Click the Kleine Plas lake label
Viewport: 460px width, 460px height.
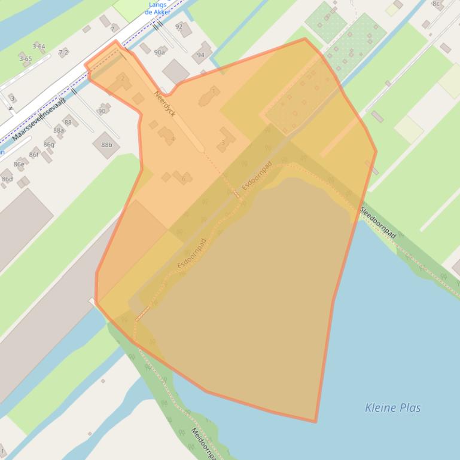coord(392,408)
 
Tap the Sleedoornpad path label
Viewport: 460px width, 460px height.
coord(378,223)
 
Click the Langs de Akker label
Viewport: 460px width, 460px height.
coord(159,8)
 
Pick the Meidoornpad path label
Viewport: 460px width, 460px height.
coord(203,442)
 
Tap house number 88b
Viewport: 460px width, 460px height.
coord(106,145)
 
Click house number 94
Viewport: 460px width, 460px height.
coord(200,55)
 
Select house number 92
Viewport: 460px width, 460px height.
coord(179,27)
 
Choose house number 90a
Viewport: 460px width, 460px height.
coord(159,53)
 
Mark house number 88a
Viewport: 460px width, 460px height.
coord(58,130)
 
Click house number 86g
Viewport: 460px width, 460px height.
coord(48,145)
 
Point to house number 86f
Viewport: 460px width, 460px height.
coord(33,155)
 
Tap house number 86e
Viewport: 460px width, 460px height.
coord(19,164)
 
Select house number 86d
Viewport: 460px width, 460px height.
coord(7,179)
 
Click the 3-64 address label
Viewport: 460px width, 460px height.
coord(38,46)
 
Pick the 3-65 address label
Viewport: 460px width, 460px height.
coord(25,59)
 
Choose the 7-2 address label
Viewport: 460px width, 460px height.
coord(63,53)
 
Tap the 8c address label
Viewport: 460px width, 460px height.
coord(436,4)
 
